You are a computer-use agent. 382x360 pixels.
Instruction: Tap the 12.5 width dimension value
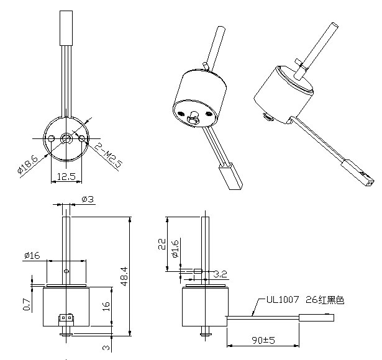pyautogui.click(x=66, y=177)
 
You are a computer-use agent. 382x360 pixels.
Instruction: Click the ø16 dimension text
pyautogui.click(x=32, y=255)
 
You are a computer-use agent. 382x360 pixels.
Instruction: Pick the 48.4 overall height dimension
pyautogui.click(x=125, y=276)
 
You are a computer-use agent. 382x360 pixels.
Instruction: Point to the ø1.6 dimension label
pyautogui.click(x=176, y=248)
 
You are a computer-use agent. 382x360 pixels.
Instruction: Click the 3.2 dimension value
pyautogui.click(x=219, y=273)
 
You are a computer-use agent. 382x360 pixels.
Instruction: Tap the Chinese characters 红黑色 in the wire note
pyautogui.click(x=330, y=300)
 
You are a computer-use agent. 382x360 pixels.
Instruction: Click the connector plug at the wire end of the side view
pyautogui.click(x=316, y=318)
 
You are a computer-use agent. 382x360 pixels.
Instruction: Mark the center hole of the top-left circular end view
pyautogui.click(x=66, y=137)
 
